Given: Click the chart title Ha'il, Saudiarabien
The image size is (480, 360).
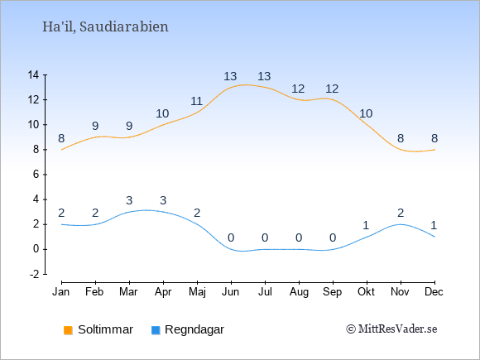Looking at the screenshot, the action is tap(105, 26).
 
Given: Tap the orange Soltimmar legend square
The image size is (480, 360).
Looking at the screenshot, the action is tap(68, 330).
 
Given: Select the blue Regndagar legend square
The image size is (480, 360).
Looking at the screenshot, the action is tap(156, 330).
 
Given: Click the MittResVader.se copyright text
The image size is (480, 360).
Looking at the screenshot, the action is tap(391, 329).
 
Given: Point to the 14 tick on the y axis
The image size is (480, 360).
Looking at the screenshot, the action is tap(33, 74).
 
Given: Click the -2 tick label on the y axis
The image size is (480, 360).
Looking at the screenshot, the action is tap(34, 274).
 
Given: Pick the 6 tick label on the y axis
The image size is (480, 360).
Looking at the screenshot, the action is tap(36, 175).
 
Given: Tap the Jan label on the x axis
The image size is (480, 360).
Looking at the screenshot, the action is tap(61, 292).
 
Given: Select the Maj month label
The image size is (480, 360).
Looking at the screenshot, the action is tap(197, 292).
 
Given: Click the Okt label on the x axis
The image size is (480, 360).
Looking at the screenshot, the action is tap(366, 292).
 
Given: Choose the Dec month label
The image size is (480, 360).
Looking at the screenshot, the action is tap(434, 292).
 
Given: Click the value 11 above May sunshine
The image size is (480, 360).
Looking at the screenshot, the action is tap(196, 101).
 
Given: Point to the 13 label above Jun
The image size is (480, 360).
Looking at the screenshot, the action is tap(230, 76).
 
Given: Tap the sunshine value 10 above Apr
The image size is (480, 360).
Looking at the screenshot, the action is tap(162, 113).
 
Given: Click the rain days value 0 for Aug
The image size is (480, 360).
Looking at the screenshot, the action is tap(299, 238).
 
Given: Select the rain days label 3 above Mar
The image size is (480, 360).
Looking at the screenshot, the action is tap(129, 200).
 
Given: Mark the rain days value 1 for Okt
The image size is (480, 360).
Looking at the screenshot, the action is tap(366, 226).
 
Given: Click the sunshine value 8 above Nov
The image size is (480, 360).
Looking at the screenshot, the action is tap(401, 138).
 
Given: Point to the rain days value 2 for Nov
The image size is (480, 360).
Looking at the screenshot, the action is tap(401, 213).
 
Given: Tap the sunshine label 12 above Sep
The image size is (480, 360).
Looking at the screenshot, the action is tap(332, 89).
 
